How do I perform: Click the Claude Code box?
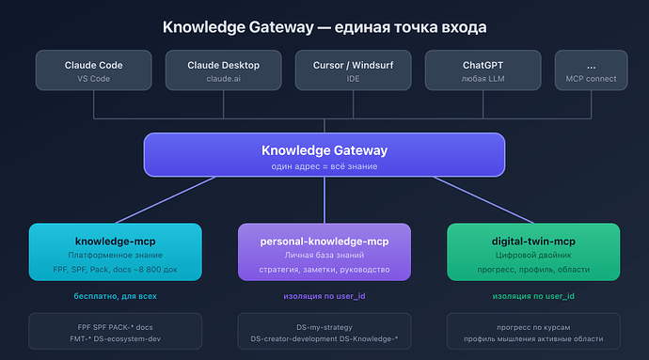(93, 71)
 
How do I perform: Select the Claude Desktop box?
(223, 71)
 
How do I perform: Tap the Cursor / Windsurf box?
(353, 71)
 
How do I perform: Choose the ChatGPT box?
(483, 71)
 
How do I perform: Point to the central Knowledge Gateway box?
(324, 155)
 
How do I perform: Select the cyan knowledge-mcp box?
(115, 251)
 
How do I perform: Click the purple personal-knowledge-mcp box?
(324, 251)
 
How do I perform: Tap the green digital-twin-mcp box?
(533, 251)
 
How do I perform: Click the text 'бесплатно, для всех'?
(115, 296)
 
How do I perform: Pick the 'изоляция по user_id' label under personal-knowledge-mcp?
(324, 296)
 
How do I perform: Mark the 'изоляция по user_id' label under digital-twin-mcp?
(533, 296)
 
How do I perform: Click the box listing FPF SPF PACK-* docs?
(115, 331)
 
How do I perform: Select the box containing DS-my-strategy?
(324, 331)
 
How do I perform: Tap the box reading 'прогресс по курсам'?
(533, 331)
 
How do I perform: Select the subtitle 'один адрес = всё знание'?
(324, 165)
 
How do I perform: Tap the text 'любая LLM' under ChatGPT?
(483, 79)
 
